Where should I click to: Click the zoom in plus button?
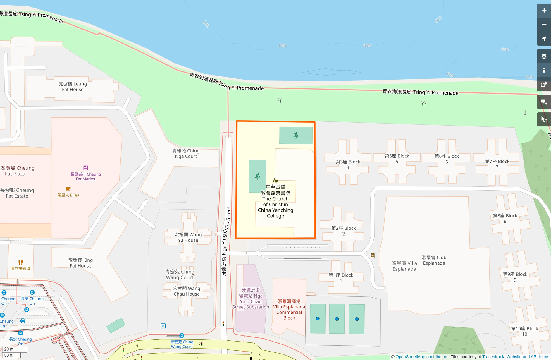tap(544, 11)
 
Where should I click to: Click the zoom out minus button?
tap(544, 25)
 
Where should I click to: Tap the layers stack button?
tap(544, 56)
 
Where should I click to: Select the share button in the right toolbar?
tap(544, 85)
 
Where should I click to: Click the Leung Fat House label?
tap(73, 87)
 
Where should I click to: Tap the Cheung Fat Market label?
tap(85, 176)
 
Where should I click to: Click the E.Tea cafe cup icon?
tap(68, 189)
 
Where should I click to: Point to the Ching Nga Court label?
tap(186, 154)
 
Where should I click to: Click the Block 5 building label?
tap(397, 159)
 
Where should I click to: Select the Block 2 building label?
tap(343, 231)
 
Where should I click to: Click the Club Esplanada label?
tap(434, 260)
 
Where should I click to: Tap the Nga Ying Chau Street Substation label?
tap(251, 299)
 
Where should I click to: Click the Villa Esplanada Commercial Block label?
tap(289, 310)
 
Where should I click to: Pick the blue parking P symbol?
tap(163, 326)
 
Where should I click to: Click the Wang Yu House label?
tap(188, 237)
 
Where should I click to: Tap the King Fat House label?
tap(80, 263)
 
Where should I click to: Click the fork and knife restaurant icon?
tap(20, 262)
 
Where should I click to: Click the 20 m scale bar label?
tap(9, 349)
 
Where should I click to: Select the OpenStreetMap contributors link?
tap(422, 357)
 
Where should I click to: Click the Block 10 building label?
tap(524, 331)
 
